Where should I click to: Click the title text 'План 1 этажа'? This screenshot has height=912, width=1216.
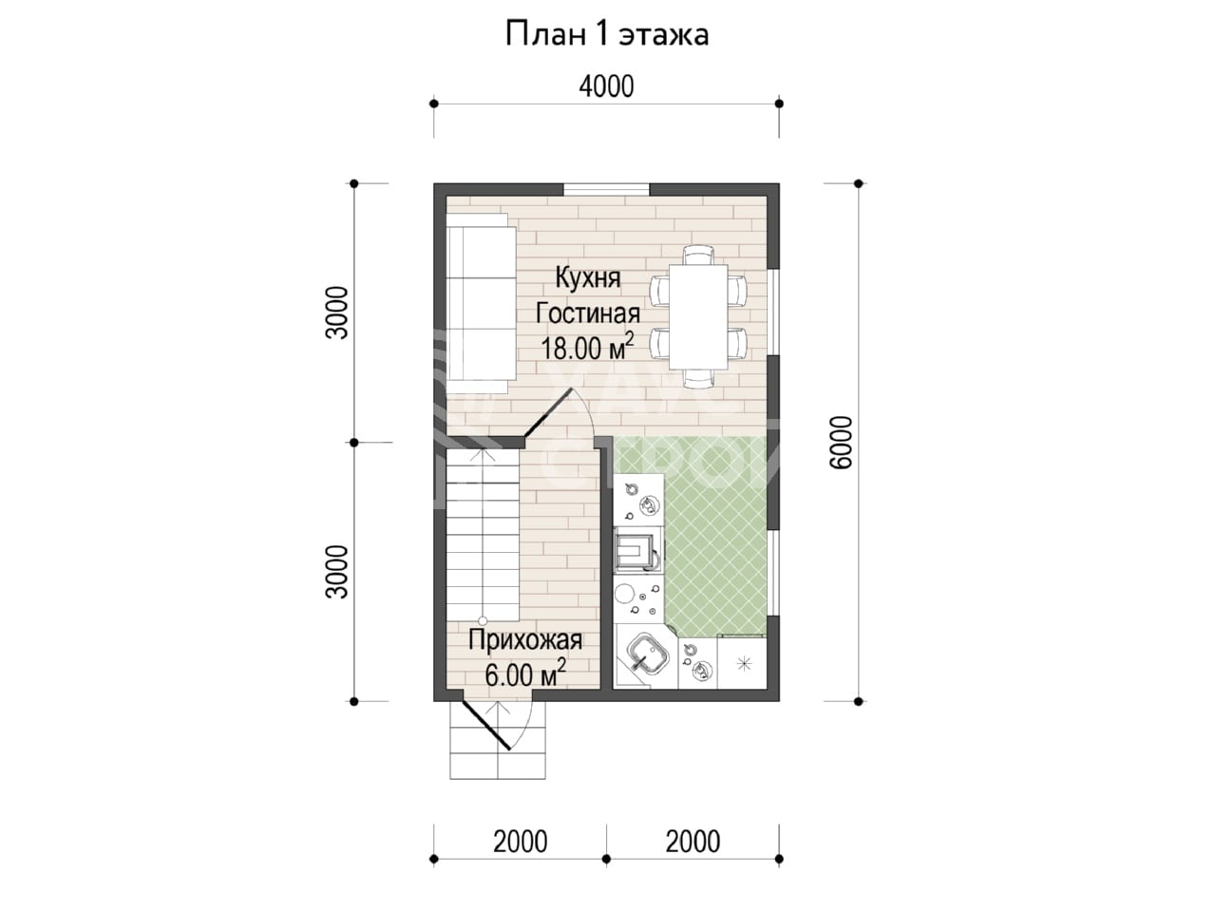coord(607,35)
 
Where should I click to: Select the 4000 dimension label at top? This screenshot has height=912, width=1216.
coord(607,87)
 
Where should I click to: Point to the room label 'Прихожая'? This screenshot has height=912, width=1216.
coord(525,640)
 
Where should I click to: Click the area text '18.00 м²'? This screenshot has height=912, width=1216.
coord(587,348)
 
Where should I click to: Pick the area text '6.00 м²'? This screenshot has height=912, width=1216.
coord(525,674)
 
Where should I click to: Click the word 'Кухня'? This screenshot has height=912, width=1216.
coord(588,278)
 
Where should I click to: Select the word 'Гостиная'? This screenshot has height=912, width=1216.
coord(588,313)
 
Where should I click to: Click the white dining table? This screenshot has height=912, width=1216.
coord(698,316)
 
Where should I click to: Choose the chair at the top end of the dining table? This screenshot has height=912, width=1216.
coord(698,255)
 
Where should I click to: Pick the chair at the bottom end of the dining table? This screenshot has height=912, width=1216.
coord(698,378)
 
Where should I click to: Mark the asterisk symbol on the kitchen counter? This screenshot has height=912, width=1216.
coord(743,664)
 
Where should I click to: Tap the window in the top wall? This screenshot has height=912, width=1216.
coord(607,189)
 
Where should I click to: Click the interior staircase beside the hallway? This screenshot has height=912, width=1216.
coord(483,536)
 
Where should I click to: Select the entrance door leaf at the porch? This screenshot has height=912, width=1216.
coord(484,727)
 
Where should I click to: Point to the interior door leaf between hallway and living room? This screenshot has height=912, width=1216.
coord(548,413)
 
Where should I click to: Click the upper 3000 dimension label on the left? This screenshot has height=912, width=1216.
coord(337,313)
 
